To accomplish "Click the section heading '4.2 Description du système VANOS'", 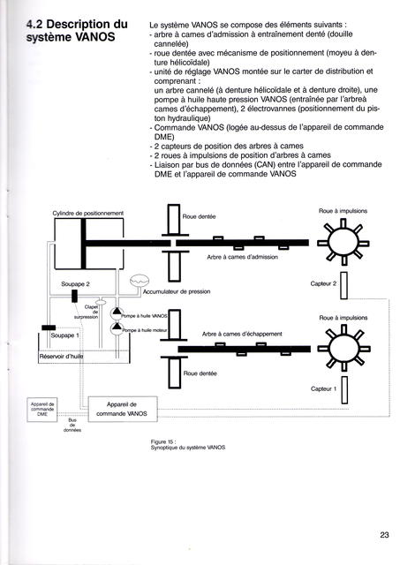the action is [x=77, y=31].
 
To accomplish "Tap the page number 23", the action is [x=384, y=535].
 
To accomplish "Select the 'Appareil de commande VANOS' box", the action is [x=123, y=409].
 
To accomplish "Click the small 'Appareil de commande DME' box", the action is [x=42, y=410].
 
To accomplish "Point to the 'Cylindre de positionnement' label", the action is [x=88, y=214].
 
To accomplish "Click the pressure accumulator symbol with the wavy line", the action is [x=140, y=280].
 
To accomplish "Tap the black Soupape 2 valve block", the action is [x=74, y=296].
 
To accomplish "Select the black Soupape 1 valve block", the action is [x=49, y=328].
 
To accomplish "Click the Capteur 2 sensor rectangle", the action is [x=343, y=285].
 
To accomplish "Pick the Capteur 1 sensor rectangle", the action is [x=344, y=390].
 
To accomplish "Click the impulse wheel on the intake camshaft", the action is [x=343, y=241].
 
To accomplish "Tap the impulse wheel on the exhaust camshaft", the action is [x=344, y=348].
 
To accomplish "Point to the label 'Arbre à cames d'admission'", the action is [x=243, y=257].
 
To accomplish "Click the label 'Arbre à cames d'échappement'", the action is [x=242, y=334].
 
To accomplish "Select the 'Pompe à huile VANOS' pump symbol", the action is [x=117, y=313].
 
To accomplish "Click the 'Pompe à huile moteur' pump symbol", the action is [x=117, y=328].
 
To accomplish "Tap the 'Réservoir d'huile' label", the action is [x=61, y=357].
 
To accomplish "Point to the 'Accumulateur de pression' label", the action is [x=177, y=291].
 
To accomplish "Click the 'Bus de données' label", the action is [x=72, y=425].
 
